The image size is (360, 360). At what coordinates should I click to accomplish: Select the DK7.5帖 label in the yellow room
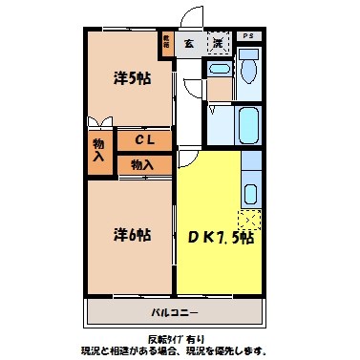tap(220, 236)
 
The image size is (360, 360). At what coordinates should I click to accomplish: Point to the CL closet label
tap(144, 140)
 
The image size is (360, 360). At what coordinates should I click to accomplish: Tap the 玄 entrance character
tap(188, 43)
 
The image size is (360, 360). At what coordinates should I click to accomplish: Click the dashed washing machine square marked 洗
tap(219, 43)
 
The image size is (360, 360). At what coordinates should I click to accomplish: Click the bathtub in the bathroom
tap(247, 123)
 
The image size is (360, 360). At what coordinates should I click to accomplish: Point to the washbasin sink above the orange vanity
tap(219, 71)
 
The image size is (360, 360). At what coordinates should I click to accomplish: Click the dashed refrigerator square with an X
tap(249, 220)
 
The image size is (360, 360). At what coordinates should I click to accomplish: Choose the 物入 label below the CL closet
tap(142, 164)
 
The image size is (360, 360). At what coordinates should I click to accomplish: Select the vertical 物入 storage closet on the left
tap(98, 150)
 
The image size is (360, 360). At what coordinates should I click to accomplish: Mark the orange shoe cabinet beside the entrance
tap(166, 44)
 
